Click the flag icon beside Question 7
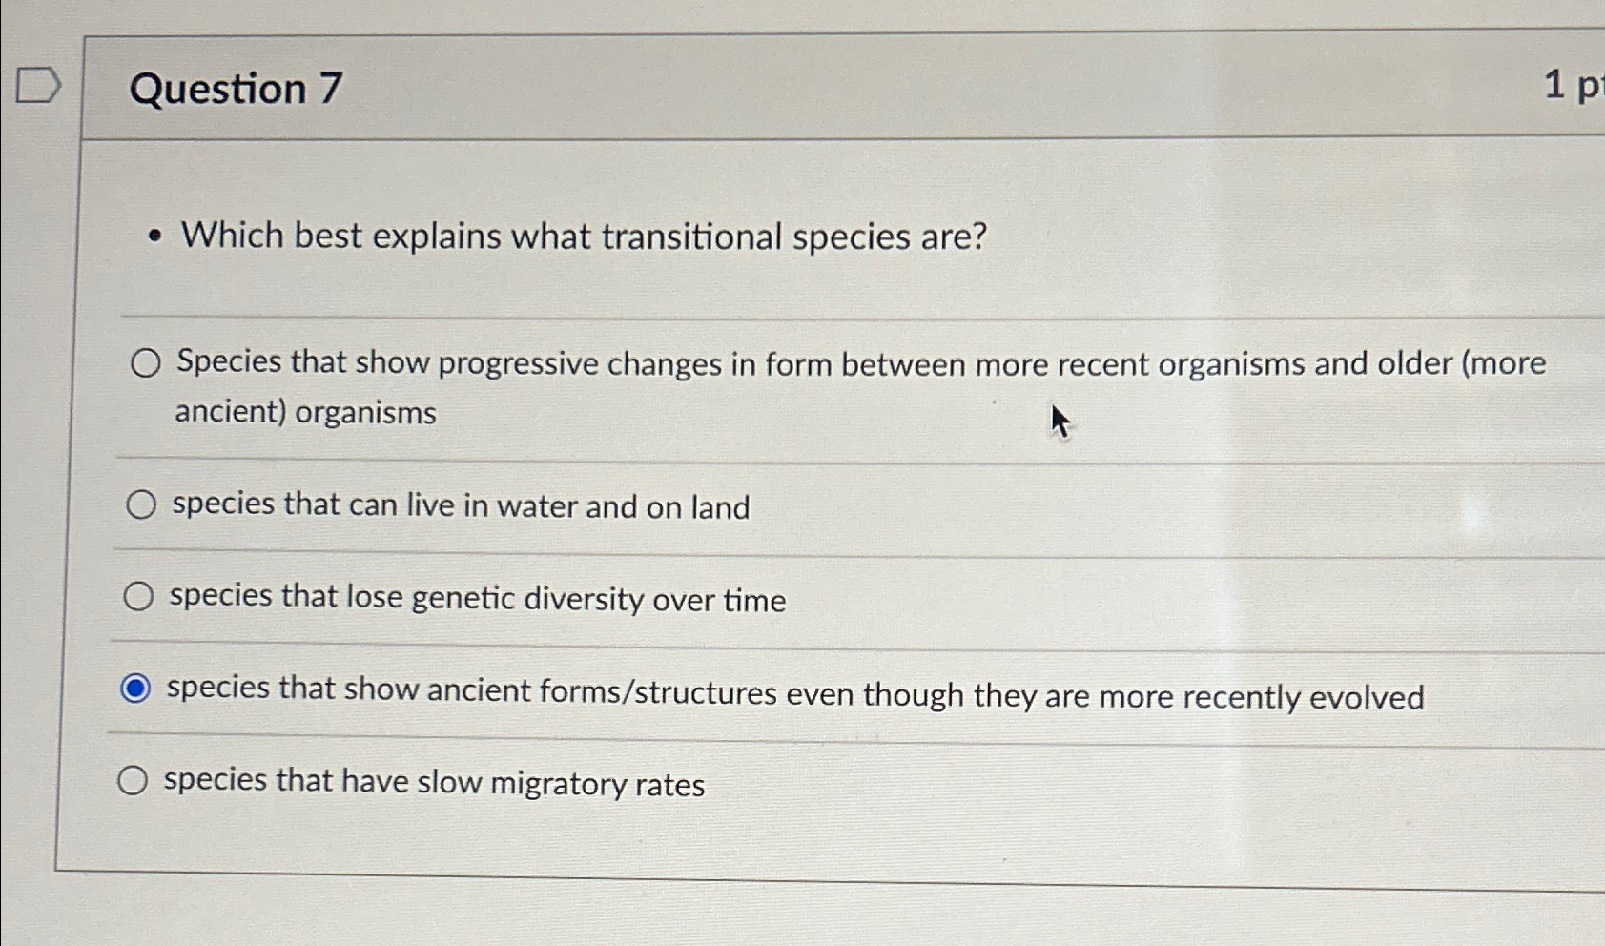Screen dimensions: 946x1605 tap(39, 85)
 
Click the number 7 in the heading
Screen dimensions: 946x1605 tap(330, 89)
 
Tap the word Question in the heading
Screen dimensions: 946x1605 tap(217, 89)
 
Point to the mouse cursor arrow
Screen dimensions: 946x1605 tap(1059, 420)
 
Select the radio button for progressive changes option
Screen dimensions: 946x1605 tap(145, 362)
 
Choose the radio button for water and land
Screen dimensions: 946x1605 tap(141, 504)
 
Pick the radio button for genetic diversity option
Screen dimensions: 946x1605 tap(138, 596)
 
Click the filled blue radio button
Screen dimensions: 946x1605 tap(135, 688)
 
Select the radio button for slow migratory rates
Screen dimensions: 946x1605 tap(133, 780)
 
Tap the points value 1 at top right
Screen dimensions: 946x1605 tap(1554, 85)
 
